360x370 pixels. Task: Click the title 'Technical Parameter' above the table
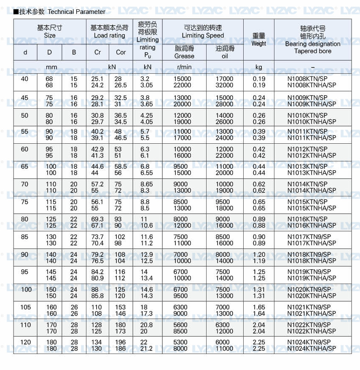[76, 12]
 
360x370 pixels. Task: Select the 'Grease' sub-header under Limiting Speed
[184, 56]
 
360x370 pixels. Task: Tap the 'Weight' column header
[259, 43]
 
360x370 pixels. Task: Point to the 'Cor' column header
[121, 52]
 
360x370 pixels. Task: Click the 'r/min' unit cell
[184, 67]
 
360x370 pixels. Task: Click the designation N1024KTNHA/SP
[312, 349]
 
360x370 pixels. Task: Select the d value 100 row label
[25, 290]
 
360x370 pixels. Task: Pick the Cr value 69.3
[97, 219]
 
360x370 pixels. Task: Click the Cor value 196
[121, 342]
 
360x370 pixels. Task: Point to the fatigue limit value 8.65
[147, 184]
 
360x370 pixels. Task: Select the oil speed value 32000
[224, 85]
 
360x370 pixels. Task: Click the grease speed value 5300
[182, 342]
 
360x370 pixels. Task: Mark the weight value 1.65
[259, 307]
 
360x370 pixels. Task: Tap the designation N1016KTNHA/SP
[312, 225]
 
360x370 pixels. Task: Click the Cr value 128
[97, 325]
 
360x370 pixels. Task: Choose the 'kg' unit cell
[259, 67]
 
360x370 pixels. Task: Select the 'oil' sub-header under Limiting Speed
[225, 56]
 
